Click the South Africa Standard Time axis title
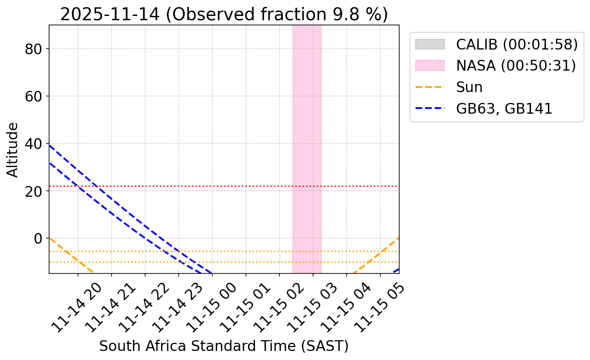(224, 346)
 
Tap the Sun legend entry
(469, 87)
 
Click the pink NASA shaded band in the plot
(307, 129)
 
